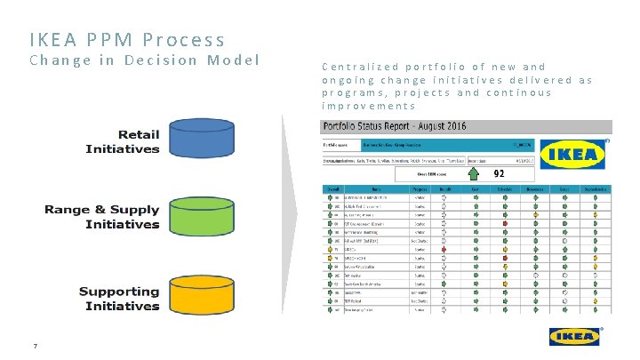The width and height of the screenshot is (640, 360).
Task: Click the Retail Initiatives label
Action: [x=123, y=141]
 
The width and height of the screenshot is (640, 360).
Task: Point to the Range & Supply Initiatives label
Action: [x=102, y=217]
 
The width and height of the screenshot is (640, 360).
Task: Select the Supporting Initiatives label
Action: [x=119, y=298]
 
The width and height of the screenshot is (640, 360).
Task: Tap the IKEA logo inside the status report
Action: [x=573, y=156]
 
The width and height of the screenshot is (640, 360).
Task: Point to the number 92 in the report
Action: [x=499, y=174]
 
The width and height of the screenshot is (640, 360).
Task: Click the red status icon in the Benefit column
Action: [x=444, y=251]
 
